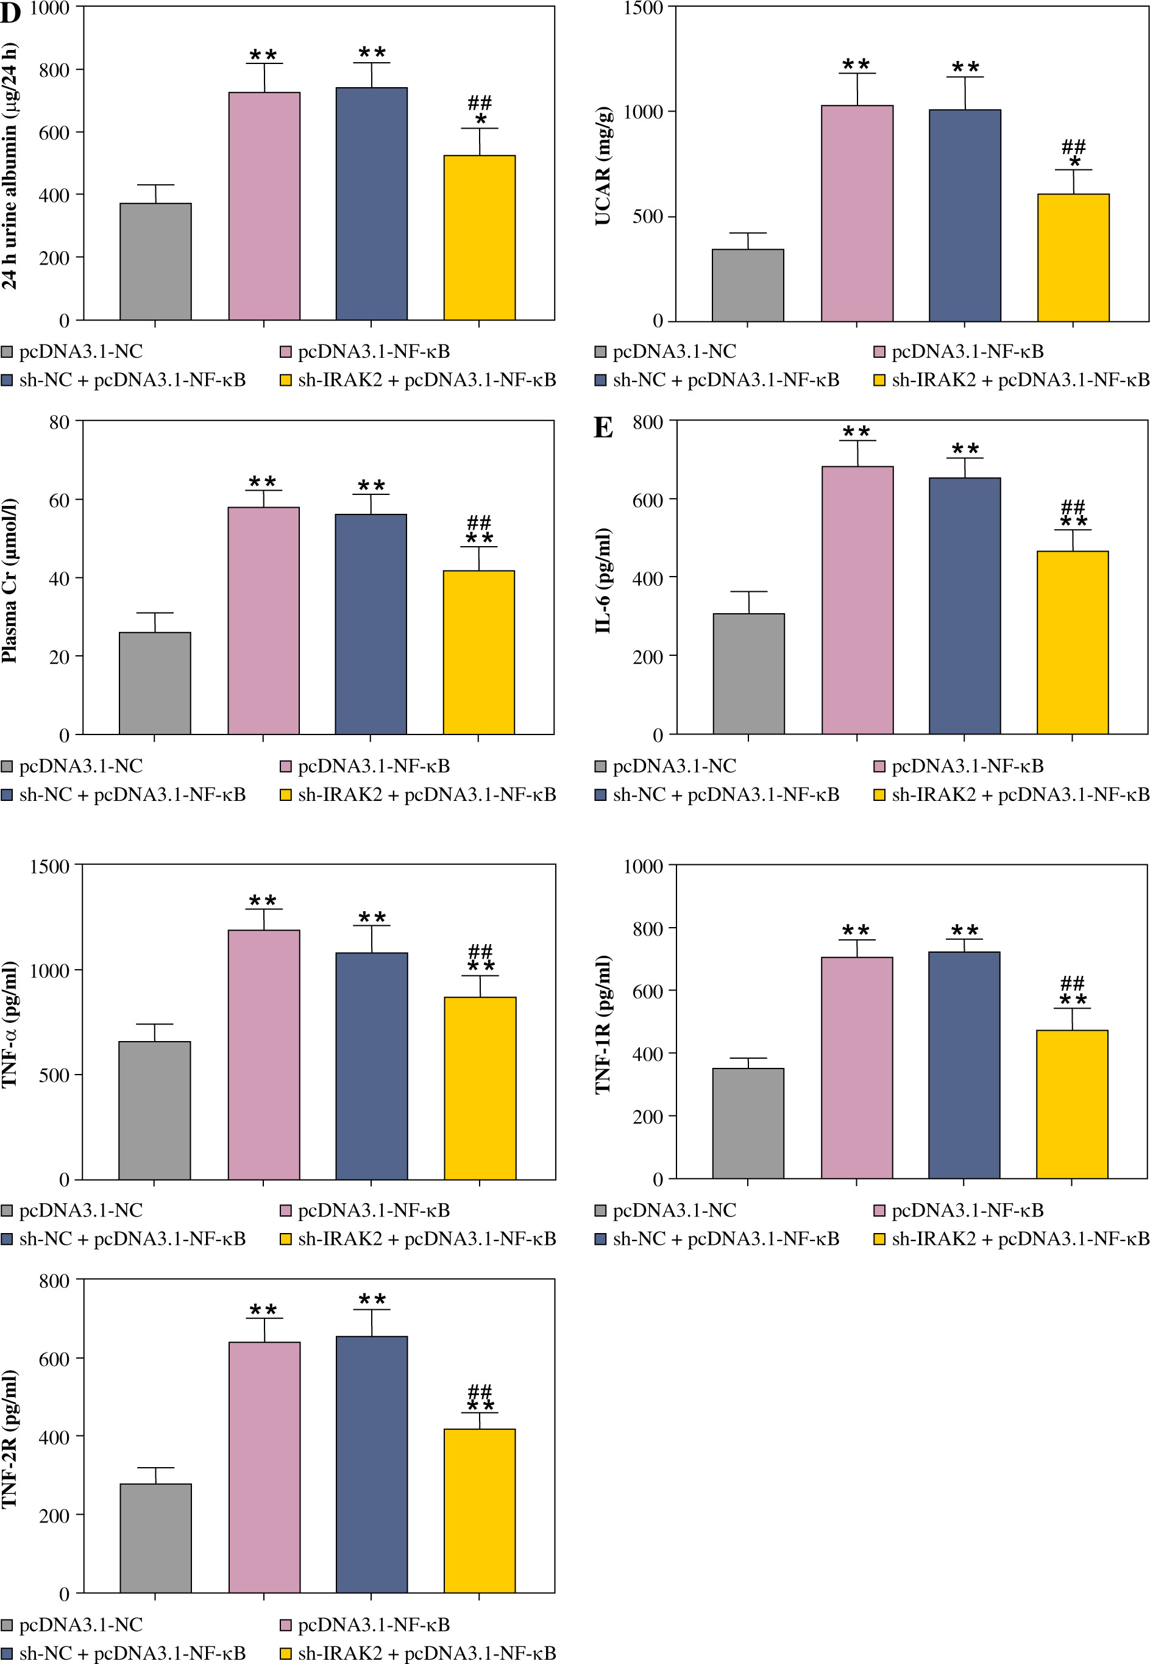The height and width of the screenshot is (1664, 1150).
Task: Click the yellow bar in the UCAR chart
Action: (x=1073, y=257)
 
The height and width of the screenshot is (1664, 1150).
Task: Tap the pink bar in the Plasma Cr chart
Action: (x=264, y=620)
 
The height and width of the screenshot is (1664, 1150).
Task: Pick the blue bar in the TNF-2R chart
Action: (x=372, y=1463)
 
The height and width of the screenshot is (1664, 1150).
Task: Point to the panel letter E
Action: (x=603, y=428)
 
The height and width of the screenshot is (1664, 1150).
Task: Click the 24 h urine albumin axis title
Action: (x=9, y=166)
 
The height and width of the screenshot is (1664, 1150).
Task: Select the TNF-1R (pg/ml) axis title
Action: (x=603, y=1024)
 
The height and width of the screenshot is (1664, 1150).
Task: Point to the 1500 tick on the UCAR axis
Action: (x=643, y=8)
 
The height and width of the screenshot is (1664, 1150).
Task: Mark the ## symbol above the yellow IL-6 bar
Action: (x=1073, y=507)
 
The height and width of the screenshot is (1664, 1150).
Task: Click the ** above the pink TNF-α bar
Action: (x=263, y=901)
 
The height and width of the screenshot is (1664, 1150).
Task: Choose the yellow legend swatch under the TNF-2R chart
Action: (x=286, y=1652)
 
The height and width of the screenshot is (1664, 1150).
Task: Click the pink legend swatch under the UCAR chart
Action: (x=879, y=352)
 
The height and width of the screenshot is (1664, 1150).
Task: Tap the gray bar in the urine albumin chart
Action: (x=155, y=261)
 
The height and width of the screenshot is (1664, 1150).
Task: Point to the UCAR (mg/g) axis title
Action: (x=603, y=166)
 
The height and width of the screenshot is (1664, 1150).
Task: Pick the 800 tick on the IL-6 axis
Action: (x=648, y=422)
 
